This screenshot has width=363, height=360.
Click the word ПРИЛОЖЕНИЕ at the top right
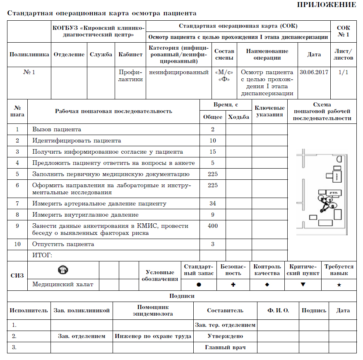pos(327,5)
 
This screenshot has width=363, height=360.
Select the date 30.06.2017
pos(314,72)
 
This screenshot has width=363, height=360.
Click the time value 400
pos(212,226)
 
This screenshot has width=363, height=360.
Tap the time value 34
pos(212,203)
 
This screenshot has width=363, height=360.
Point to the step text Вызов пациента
pos(57,130)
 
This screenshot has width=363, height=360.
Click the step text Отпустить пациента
pos(63,244)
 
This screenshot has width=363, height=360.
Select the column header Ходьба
pos(239,117)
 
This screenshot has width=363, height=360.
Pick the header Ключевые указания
pos(269,111)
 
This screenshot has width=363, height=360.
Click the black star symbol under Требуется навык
pos(339,285)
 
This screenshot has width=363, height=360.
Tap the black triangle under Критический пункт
pos(303,285)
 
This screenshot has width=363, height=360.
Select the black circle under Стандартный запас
pos(199,285)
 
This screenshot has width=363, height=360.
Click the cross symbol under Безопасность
pos(233,285)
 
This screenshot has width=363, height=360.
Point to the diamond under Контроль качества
pos(267,285)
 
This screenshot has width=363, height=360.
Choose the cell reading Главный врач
pos(225,347)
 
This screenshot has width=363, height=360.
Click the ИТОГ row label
pos(42,255)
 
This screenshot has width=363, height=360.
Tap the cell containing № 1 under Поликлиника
pos(29,72)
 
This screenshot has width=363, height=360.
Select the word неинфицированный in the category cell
pos(179,72)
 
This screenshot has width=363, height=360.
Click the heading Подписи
pos(182,296)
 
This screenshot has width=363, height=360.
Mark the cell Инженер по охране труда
pos(153,336)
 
